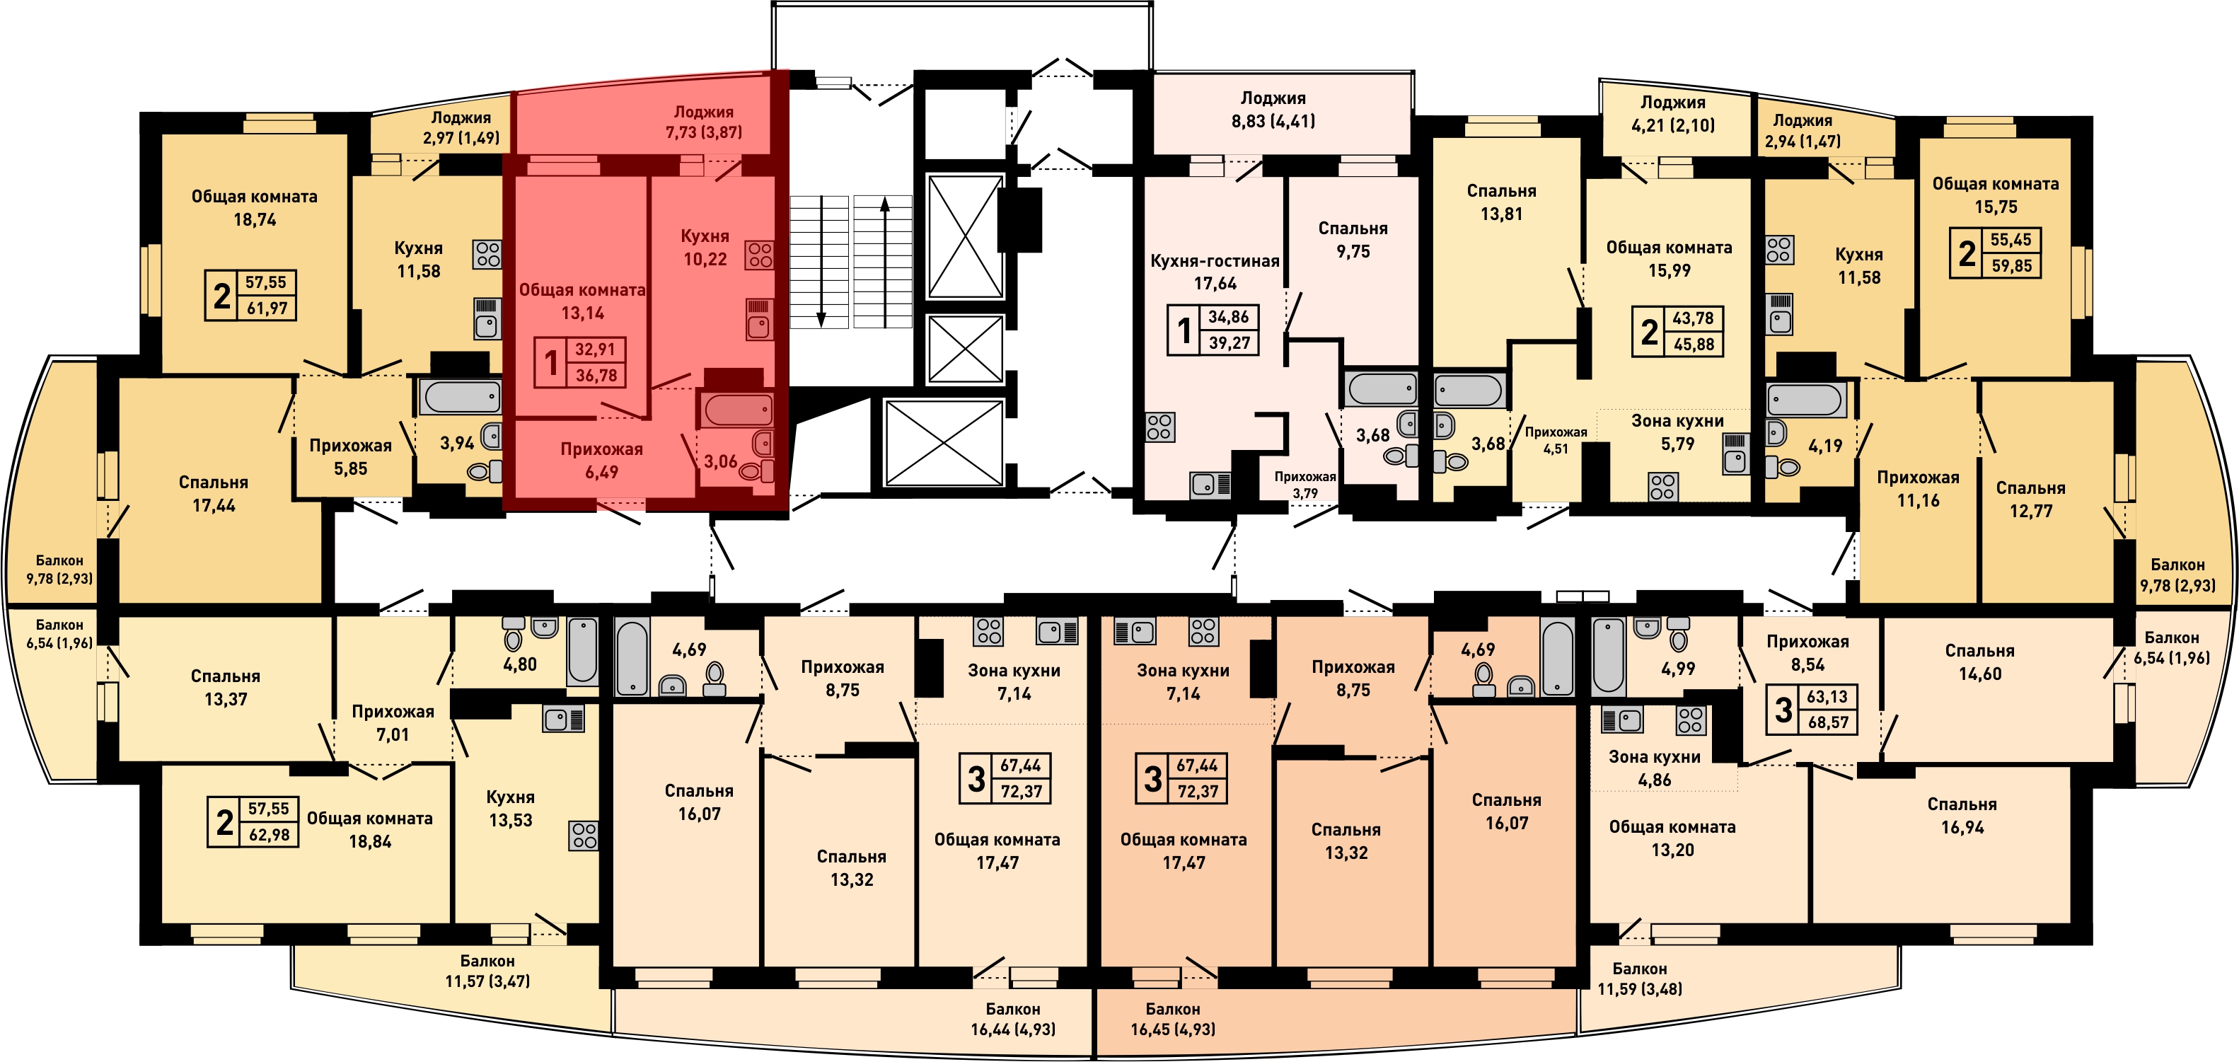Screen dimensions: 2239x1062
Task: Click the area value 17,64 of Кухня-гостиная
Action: [1215, 283]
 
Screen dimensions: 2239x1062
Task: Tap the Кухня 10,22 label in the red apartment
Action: [705, 248]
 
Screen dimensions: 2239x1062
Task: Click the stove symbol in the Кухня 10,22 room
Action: [760, 255]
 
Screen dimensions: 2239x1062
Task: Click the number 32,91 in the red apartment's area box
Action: [596, 350]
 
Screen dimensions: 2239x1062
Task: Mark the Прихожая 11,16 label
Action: [1919, 488]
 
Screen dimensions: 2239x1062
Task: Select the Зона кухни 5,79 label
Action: [1677, 432]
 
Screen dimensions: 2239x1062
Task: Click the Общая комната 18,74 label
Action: [255, 208]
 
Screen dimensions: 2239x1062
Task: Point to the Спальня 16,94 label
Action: [1962, 815]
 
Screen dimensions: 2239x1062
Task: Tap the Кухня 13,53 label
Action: [510, 808]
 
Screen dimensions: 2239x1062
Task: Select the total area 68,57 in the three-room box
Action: [1828, 722]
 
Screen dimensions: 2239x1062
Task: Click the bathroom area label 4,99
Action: [1677, 669]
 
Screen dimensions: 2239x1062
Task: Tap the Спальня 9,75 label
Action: [1353, 240]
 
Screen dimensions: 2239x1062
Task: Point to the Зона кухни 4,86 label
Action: [1655, 768]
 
